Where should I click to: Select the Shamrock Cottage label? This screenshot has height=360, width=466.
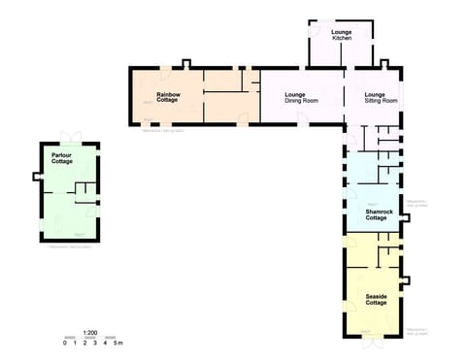[x=380, y=214]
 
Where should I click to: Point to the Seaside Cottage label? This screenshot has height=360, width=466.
[x=377, y=299]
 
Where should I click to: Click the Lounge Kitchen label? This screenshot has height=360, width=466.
[x=342, y=35]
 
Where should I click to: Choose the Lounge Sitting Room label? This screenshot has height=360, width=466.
[x=381, y=97]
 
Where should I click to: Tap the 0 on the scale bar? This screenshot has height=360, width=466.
[x=65, y=344]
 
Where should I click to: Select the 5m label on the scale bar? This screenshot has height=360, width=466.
[x=118, y=344]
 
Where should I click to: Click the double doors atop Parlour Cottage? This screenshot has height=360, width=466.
[x=68, y=136]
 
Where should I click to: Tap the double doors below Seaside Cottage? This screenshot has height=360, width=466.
[x=373, y=342]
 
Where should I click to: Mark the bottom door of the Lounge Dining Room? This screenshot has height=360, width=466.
[x=304, y=119]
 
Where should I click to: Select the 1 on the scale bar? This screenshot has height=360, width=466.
[x=76, y=344]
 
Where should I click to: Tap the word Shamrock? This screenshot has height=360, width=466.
[x=380, y=211]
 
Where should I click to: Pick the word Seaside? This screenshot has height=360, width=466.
[x=377, y=295]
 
